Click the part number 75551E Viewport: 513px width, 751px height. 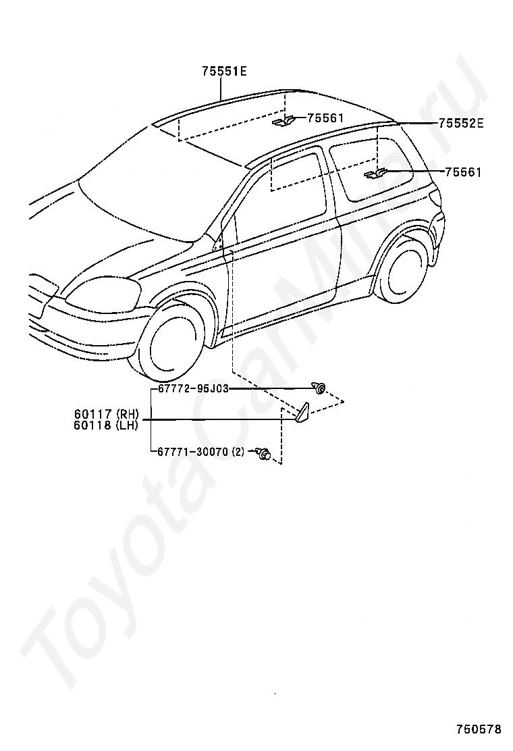tap(223, 71)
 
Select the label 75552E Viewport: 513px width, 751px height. tap(461, 123)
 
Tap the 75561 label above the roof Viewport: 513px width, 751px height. tap(325, 118)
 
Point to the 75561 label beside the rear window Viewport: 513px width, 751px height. tap(462, 172)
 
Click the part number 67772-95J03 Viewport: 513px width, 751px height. tap(194, 389)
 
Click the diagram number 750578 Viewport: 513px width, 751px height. tap(479, 729)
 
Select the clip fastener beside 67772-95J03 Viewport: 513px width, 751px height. tap(318, 388)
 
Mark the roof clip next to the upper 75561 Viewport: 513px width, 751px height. tap(283, 122)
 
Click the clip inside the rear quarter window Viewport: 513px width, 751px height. tap(373, 176)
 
